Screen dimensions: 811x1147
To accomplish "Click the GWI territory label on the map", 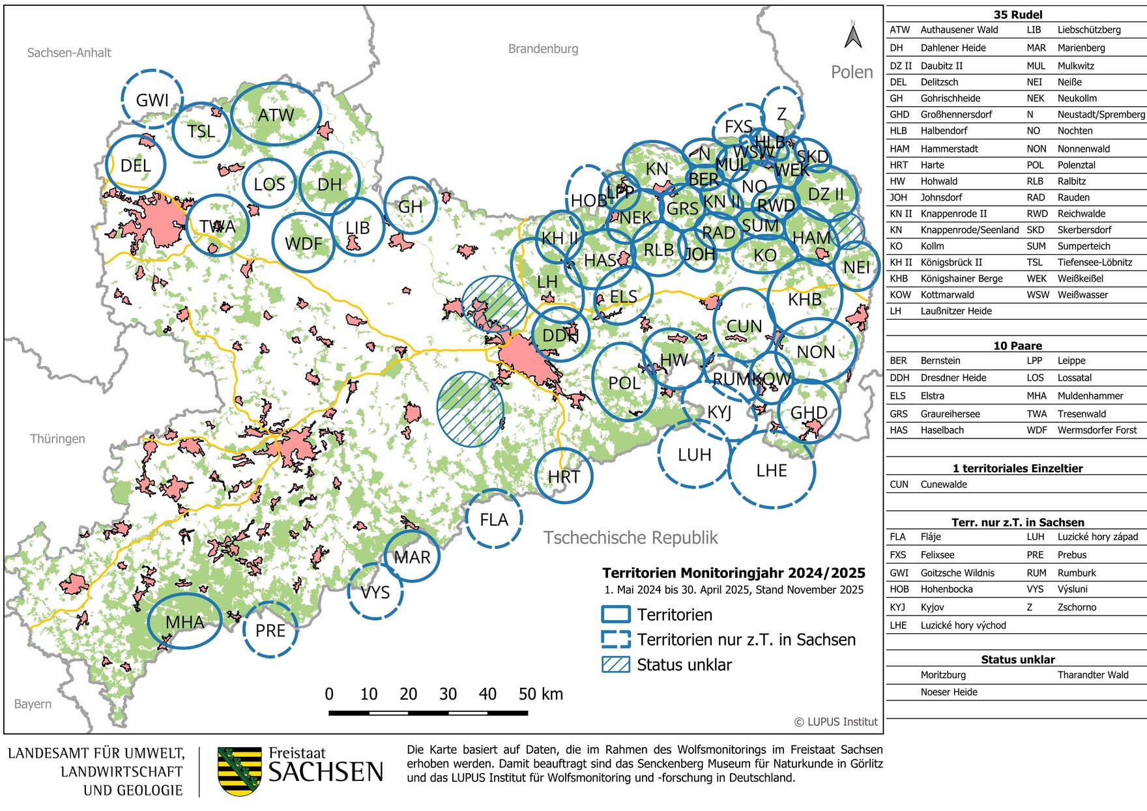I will coord(152,100).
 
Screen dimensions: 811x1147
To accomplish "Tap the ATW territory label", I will coord(276,115).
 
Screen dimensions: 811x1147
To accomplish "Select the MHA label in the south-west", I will coord(184,622).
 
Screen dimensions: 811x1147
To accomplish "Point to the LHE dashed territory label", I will coord(772,470).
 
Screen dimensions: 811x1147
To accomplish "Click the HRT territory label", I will coord(564,477).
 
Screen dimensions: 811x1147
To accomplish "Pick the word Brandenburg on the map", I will coord(543,49).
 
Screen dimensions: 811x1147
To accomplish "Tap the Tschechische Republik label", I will coord(630,537).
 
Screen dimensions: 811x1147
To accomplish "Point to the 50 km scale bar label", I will coord(540,694).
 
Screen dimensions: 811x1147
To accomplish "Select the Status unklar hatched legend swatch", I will coord(615,664).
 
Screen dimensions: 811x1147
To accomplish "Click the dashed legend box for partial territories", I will coord(615,639).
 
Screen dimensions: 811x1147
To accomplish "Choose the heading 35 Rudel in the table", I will coord(1017,14).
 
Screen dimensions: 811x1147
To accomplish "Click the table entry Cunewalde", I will coord(943,484).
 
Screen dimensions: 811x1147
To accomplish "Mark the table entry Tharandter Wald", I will coord(1092,675).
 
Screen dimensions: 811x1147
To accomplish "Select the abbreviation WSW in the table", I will coord(1036,294).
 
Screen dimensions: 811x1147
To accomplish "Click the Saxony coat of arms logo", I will coord(239,771).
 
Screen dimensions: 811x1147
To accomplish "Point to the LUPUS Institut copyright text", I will coord(835,722).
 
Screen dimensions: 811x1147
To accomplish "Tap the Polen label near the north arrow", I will coord(851,72).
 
